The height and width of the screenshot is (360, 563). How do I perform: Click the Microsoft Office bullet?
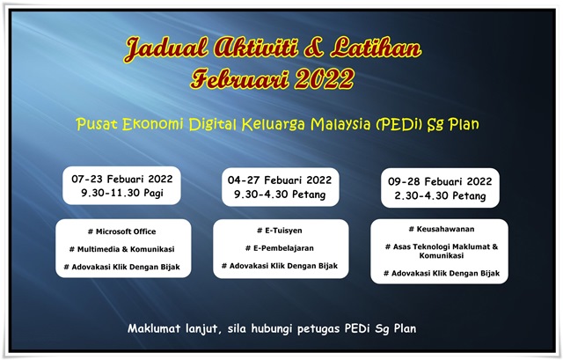pos(122,231)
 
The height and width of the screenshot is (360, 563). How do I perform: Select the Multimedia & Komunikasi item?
pos(122,248)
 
